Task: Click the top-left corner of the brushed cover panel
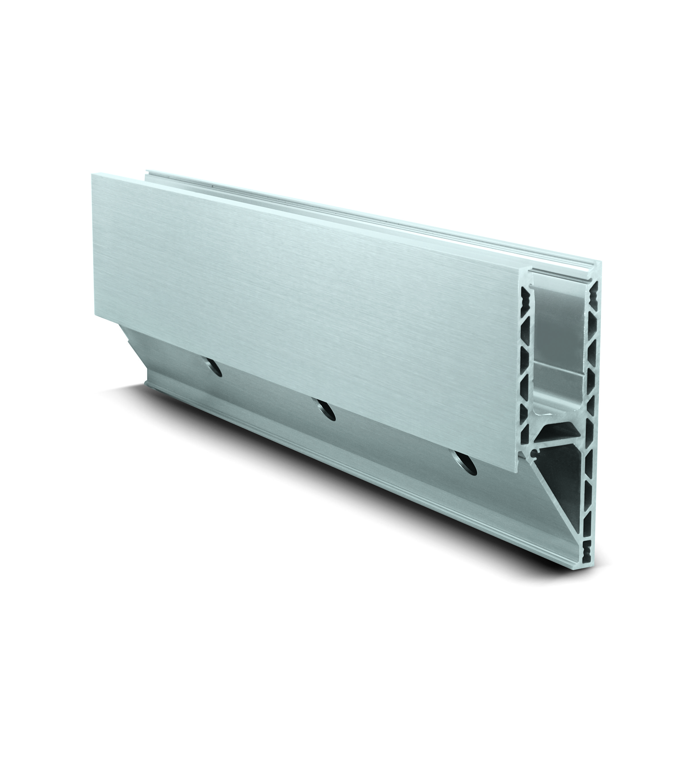tap(92, 174)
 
